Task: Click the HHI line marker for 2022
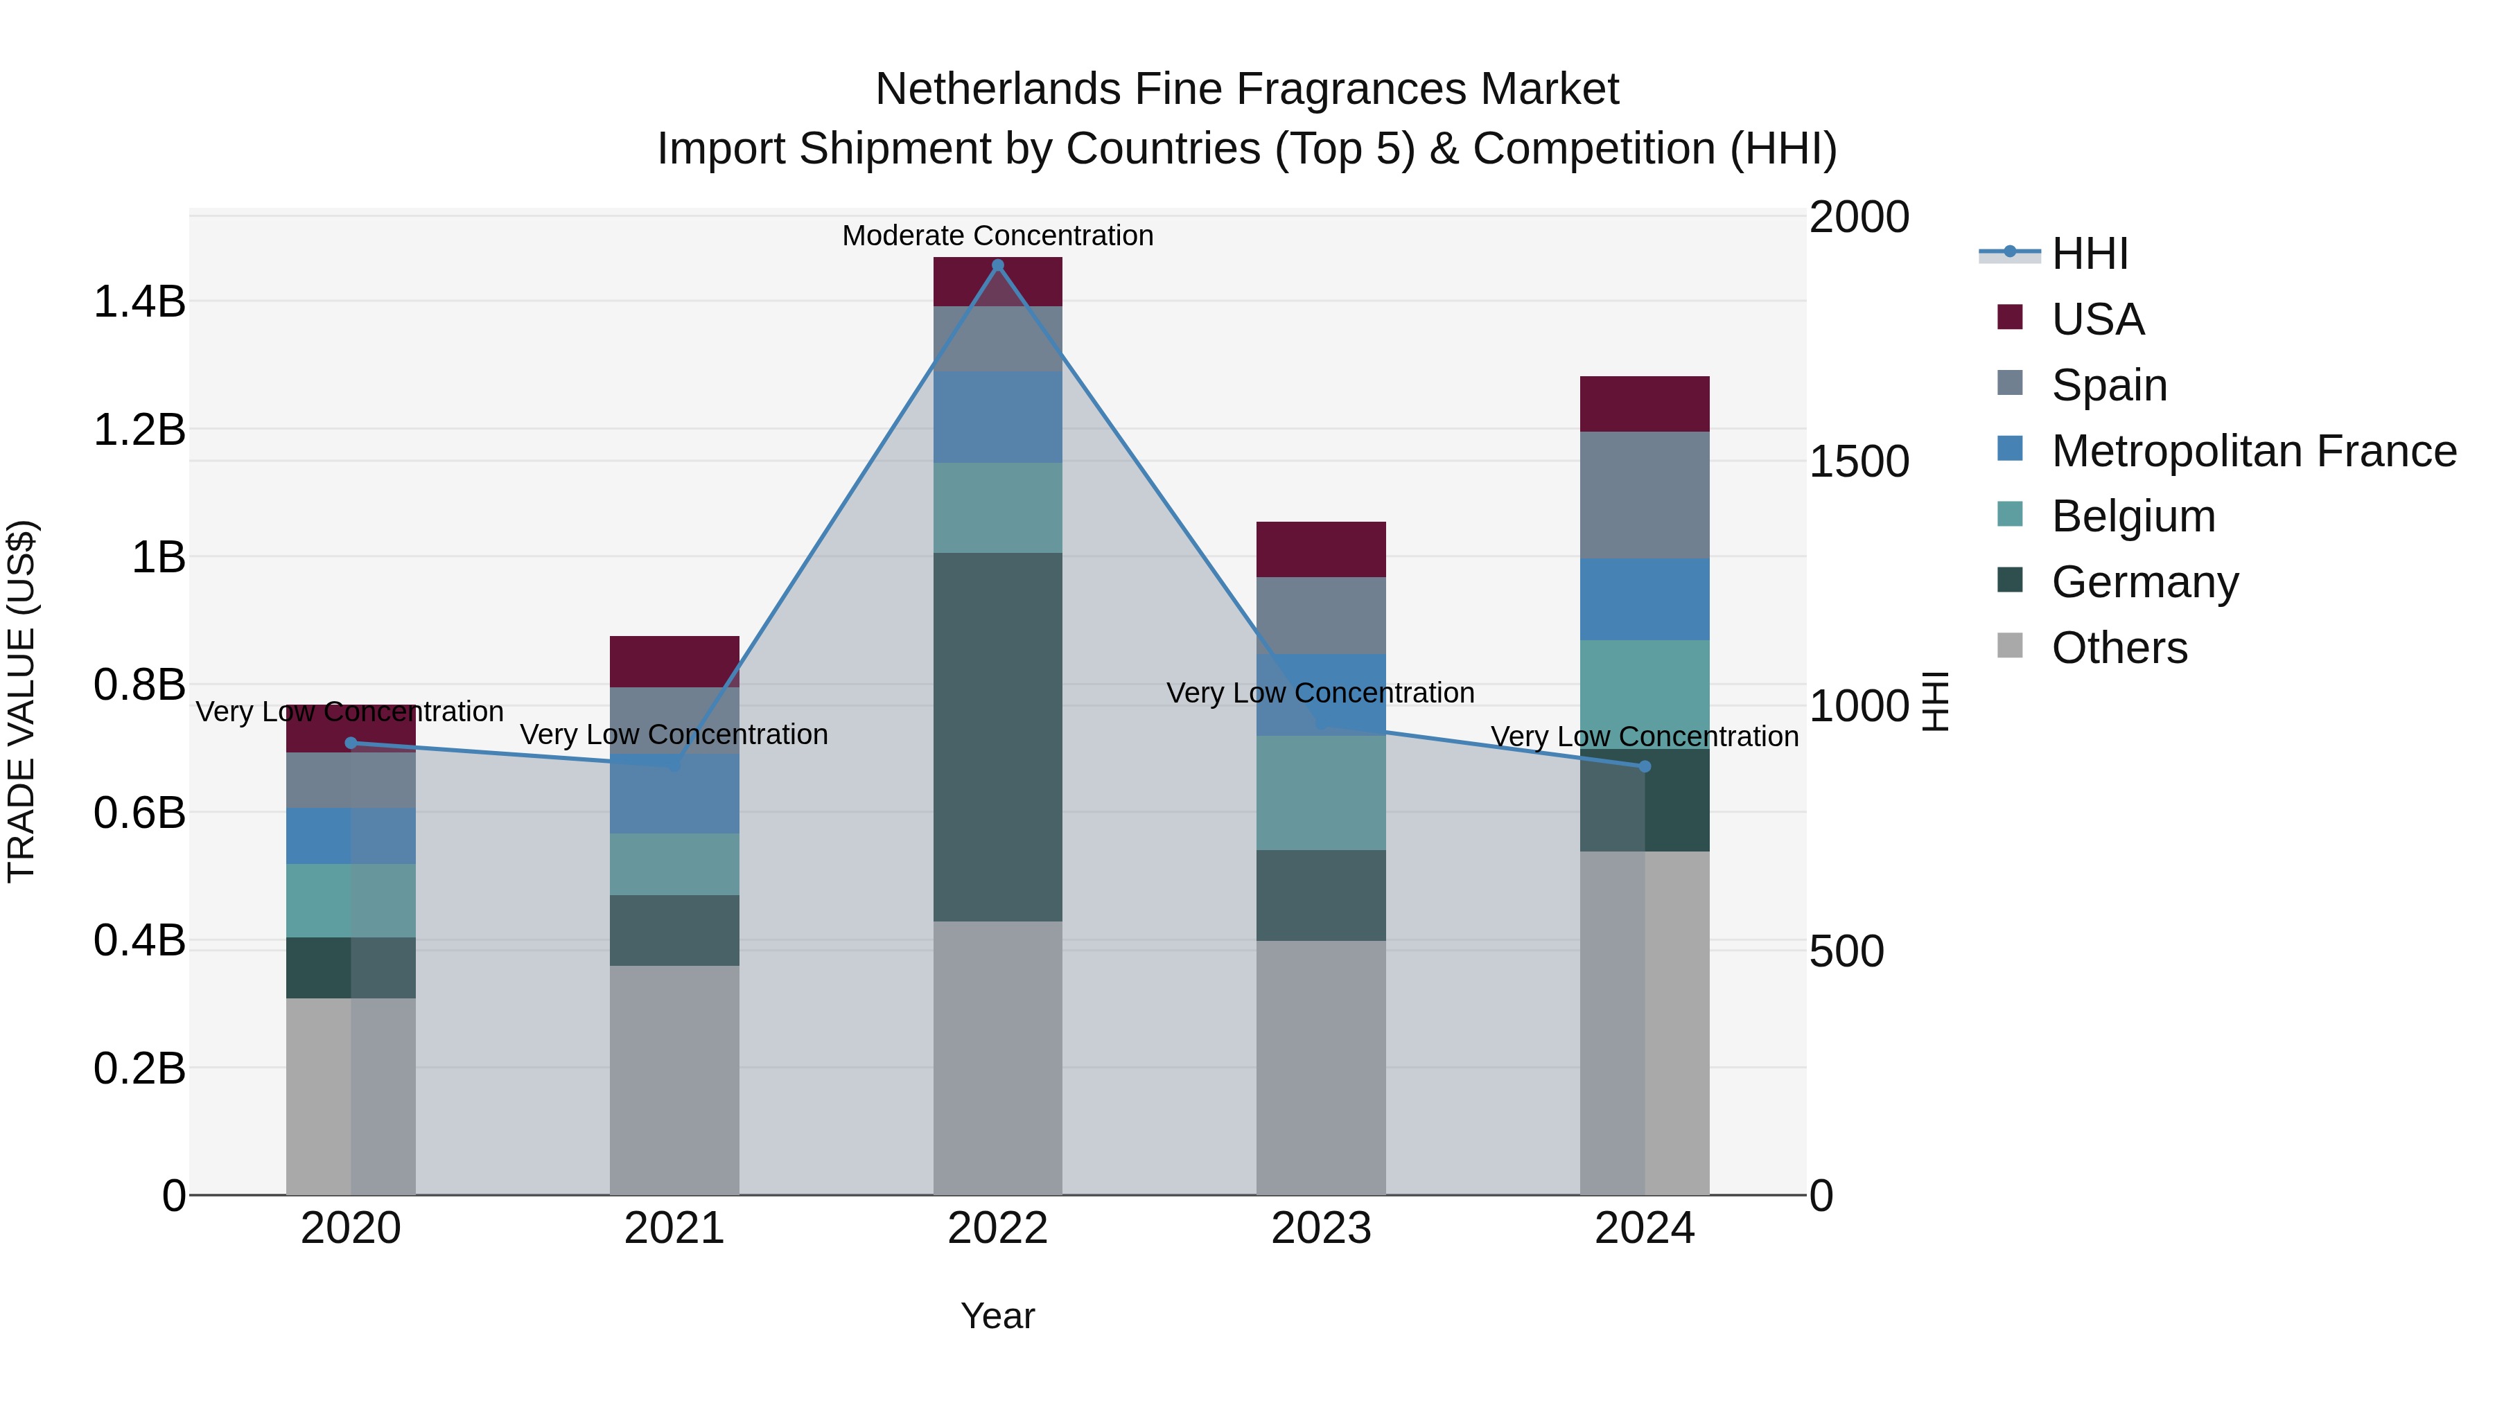997,265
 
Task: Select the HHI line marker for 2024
1645,767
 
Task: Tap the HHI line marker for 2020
351,743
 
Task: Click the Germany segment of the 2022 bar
997,736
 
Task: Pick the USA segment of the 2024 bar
1645,404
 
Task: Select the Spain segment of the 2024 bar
1645,495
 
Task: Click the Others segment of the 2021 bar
674,1079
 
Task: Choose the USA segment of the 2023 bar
1321,549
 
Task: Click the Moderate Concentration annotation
997,236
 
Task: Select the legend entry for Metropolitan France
2253,451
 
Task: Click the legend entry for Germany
2144,582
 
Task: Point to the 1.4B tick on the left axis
139,301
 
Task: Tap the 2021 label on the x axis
674,1228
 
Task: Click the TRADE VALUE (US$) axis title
21,701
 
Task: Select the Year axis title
997,1316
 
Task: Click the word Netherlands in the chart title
997,89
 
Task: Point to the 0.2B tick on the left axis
139,1068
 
